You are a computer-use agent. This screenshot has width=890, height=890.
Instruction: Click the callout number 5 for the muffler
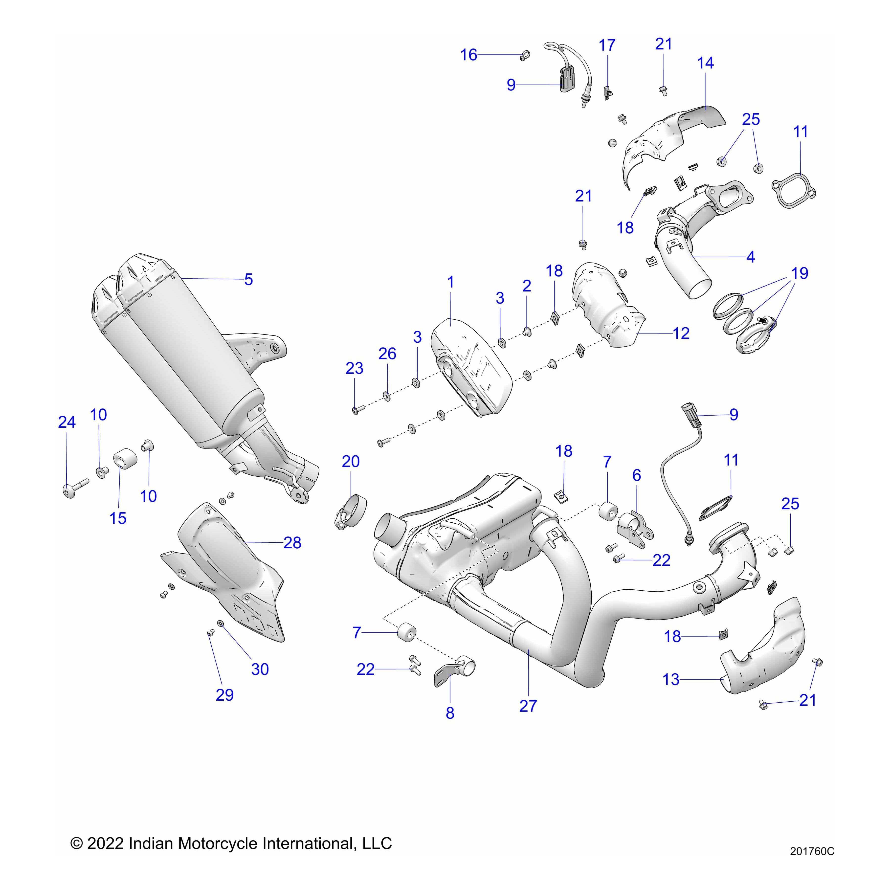pos(248,280)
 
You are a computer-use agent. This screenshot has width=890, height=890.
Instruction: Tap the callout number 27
pos(528,706)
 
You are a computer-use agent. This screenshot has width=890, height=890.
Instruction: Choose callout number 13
pos(671,679)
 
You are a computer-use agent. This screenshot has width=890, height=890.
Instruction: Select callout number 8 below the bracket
pos(450,713)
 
